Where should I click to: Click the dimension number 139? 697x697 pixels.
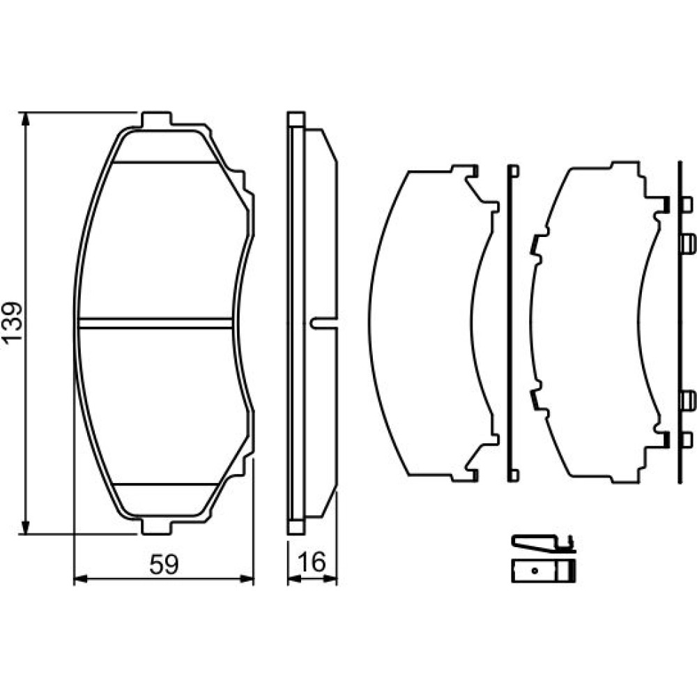(12, 322)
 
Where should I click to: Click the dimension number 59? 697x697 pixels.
(164, 565)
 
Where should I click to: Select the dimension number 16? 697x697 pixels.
(312, 562)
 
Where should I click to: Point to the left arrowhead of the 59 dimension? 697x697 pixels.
(80, 579)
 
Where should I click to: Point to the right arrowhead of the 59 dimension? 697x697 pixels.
(247, 579)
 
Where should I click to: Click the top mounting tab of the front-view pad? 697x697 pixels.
(156, 118)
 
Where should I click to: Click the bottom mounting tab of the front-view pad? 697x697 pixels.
(156, 526)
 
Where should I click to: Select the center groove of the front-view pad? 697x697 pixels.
(155, 323)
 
